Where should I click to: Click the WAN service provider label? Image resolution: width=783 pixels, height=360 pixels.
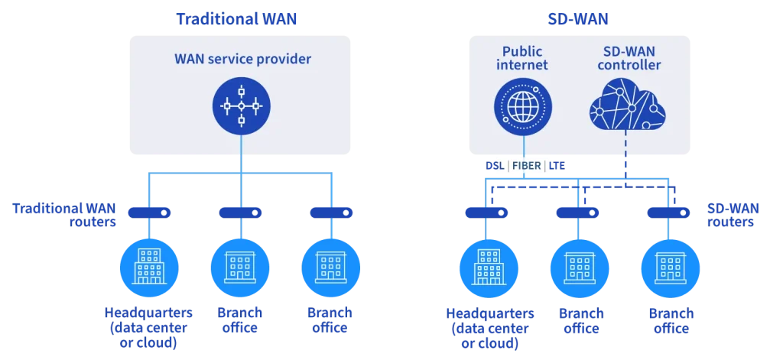coord(242,58)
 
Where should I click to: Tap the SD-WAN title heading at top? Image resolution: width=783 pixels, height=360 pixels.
coord(579,20)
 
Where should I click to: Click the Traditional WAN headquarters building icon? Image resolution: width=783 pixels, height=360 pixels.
coord(150,264)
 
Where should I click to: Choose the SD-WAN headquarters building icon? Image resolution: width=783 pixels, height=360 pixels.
coord(488,264)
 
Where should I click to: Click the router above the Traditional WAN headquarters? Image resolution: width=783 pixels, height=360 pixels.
coord(150,212)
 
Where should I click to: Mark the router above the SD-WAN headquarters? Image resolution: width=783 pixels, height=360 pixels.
coord(488,212)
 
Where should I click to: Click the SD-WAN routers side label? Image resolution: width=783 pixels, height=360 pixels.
coord(731,216)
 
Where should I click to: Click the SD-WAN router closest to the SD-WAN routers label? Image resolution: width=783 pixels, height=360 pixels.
coord(669,212)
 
